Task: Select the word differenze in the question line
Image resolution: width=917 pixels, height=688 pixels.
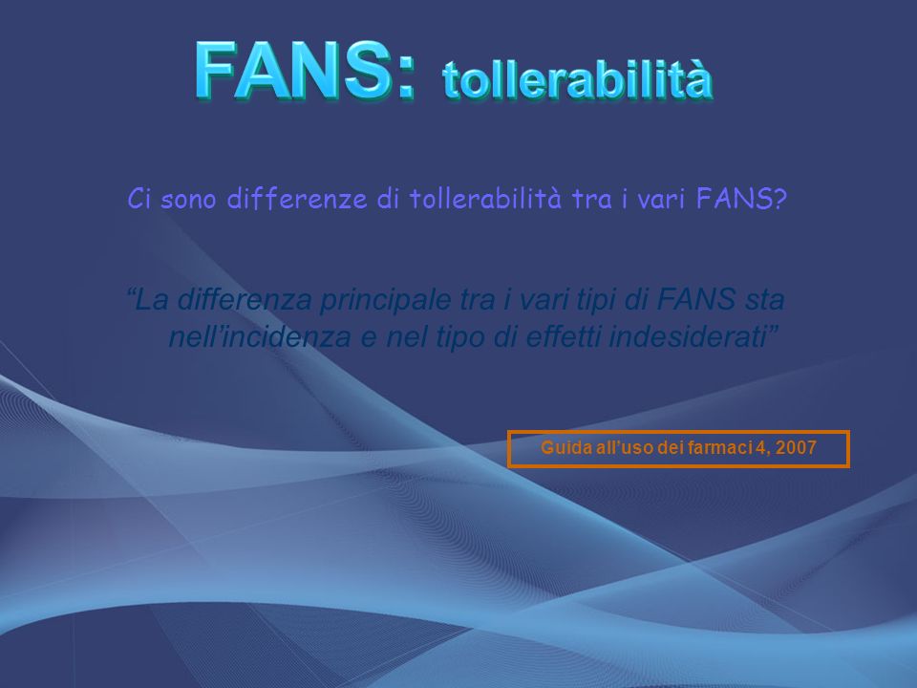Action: [x=296, y=199]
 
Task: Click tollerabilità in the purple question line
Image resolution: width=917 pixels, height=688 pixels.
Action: [x=485, y=199]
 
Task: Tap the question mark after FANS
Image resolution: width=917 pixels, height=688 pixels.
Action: [x=779, y=199]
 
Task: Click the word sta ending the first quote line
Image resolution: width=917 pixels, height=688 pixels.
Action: [x=764, y=300]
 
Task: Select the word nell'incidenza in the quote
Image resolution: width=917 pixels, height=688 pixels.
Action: [x=260, y=336]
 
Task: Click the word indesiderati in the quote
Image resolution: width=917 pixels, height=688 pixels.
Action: [x=688, y=336]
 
